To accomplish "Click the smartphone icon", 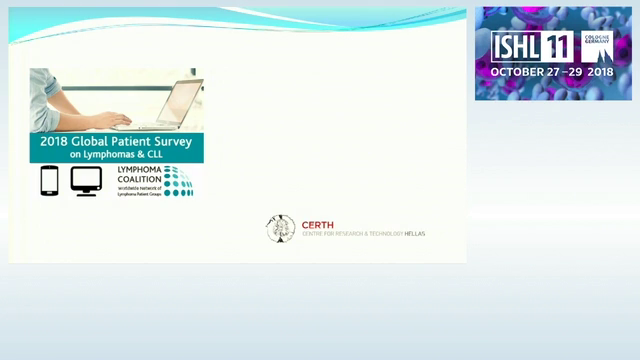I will tap(49, 181).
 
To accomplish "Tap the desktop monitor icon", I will tap(86, 181).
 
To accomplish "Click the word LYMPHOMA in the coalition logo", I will tap(139, 171).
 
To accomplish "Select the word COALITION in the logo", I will tap(139, 179).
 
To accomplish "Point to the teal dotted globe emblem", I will tap(178, 181).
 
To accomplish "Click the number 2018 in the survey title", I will tap(53, 142).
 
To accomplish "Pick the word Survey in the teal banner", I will tap(171, 142).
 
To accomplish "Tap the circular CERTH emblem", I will tap(280, 229).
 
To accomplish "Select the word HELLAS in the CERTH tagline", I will tap(413, 233).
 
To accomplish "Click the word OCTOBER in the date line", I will tap(515, 73).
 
